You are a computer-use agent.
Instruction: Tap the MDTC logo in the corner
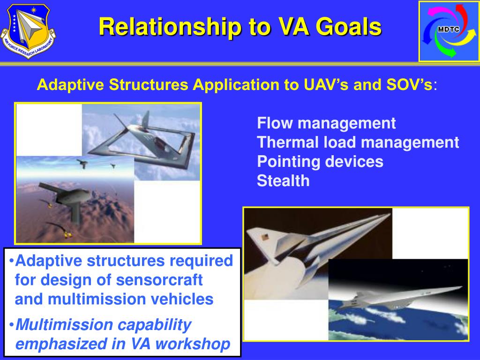(x=449, y=31)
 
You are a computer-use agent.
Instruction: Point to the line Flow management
(x=326, y=124)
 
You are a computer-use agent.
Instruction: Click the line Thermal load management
(x=358, y=142)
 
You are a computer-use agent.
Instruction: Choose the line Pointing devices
(x=320, y=162)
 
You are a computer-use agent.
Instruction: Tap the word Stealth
(x=283, y=181)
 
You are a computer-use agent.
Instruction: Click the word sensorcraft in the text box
(x=159, y=280)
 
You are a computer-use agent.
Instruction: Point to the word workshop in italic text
(x=193, y=344)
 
